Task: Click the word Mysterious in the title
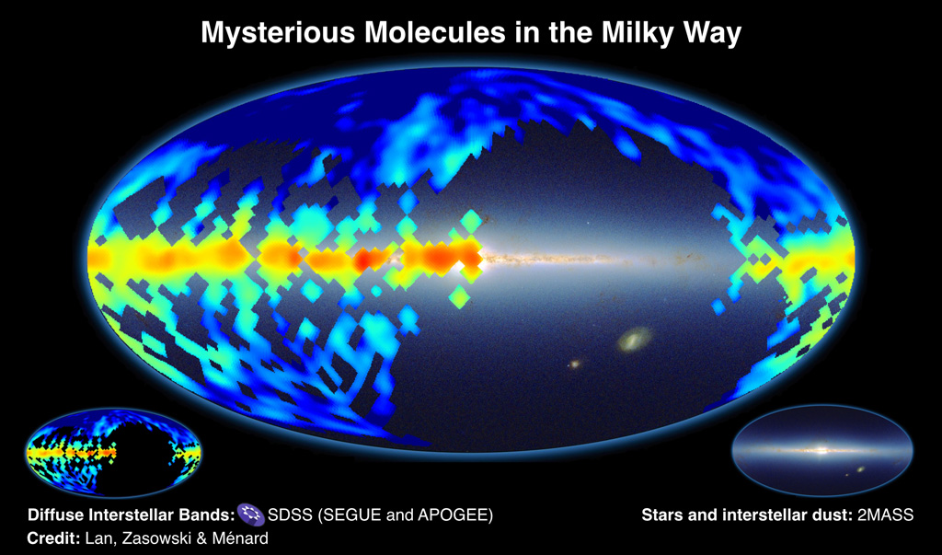(279, 33)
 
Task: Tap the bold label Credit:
(52, 538)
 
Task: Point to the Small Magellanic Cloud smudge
(575, 364)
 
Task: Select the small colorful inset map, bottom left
(113, 452)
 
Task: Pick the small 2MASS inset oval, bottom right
(822, 450)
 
